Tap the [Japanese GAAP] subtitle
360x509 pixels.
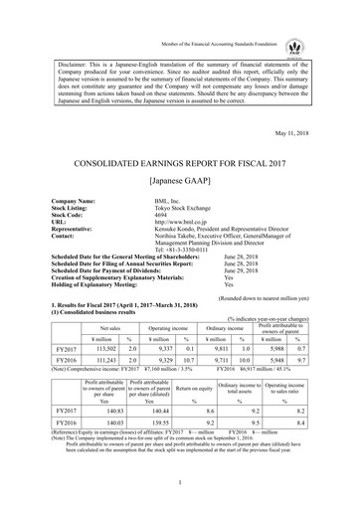[x=180, y=182]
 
